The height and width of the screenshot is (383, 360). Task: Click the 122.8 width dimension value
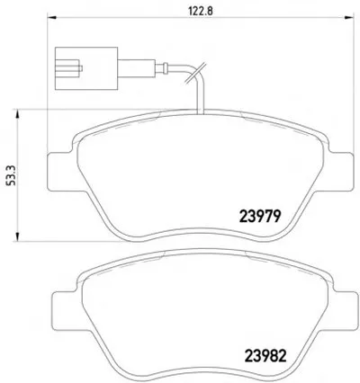click(x=201, y=11)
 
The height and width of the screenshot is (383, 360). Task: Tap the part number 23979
click(x=260, y=216)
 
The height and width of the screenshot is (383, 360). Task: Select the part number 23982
click(x=265, y=356)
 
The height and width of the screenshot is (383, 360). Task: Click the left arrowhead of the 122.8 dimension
click(x=52, y=17)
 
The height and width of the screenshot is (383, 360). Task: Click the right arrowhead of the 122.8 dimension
click(x=349, y=17)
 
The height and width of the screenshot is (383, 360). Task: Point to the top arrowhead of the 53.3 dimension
click(x=17, y=113)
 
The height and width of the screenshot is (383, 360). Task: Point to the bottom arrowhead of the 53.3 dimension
click(x=17, y=236)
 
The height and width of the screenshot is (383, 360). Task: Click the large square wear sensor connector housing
click(x=86, y=68)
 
